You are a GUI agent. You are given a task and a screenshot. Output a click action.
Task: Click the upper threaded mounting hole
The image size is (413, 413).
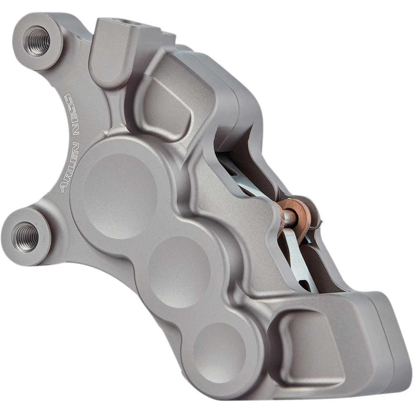(36, 41)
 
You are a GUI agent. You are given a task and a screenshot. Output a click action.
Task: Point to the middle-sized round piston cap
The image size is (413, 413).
(179, 267)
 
